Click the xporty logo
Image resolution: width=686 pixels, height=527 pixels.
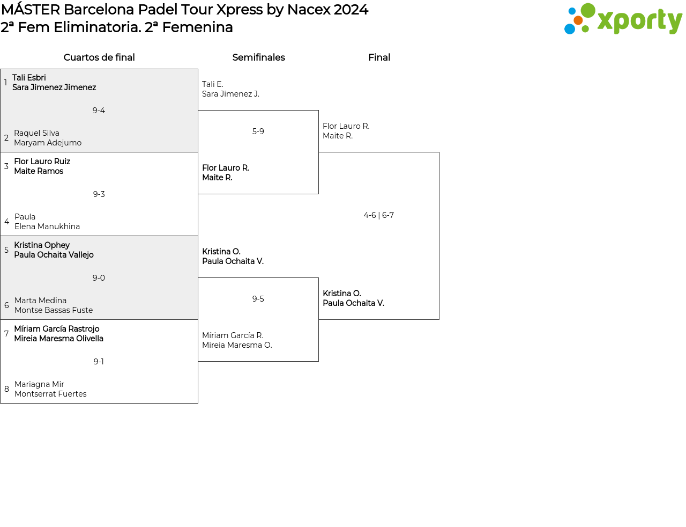click(x=623, y=19)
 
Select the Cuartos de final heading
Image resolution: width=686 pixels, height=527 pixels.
click(x=99, y=57)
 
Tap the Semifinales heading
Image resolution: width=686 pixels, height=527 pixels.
click(x=258, y=57)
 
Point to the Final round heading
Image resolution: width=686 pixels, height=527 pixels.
click(x=379, y=57)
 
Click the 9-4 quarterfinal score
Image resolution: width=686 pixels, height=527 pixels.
click(x=99, y=111)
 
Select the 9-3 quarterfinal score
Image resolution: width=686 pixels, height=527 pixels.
click(x=99, y=194)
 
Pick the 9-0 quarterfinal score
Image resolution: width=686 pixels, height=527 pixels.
click(x=99, y=278)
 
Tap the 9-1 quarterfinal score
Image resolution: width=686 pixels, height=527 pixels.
click(x=99, y=361)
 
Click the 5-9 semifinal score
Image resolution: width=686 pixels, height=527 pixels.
click(x=258, y=131)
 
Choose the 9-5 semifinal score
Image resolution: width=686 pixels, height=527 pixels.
click(x=258, y=299)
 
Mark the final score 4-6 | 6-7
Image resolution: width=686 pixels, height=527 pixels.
click(x=379, y=215)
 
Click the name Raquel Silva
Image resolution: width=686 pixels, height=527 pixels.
click(x=36, y=133)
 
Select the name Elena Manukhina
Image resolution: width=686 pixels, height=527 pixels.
click(x=47, y=226)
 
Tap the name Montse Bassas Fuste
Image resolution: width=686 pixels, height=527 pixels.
click(x=54, y=310)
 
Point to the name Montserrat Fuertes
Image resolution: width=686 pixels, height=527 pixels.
click(x=50, y=394)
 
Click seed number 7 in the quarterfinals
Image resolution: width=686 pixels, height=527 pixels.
click(x=6, y=333)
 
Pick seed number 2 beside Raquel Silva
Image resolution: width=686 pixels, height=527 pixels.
click(x=6, y=138)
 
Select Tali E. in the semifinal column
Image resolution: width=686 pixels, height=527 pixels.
click(x=213, y=84)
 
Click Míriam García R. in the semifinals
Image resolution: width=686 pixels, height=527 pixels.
click(x=233, y=335)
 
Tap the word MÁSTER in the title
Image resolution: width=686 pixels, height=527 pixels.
click(x=31, y=10)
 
